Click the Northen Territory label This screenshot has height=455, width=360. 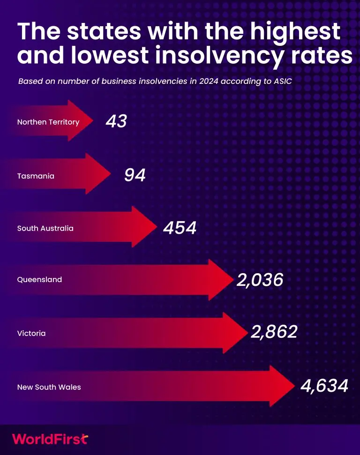[x=48, y=122]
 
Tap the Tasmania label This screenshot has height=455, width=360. [x=36, y=176]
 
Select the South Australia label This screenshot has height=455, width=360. [x=45, y=228]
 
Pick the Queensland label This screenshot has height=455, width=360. [x=39, y=279]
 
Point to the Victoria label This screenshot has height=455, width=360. [x=31, y=333]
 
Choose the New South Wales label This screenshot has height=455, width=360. [x=49, y=387]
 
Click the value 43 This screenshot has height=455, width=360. [x=116, y=121]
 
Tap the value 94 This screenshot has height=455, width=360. [x=135, y=175]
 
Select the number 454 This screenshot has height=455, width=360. [x=180, y=228]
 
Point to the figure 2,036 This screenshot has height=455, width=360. [x=260, y=280]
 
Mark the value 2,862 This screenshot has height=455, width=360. [x=274, y=332]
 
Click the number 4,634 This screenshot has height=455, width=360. [x=324, y=386]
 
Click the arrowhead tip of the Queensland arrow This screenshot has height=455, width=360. [x=233, y=280]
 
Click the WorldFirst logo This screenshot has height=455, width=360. [x=50, y=439]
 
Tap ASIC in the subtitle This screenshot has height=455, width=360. [x=283, y=81]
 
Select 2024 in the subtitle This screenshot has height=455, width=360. [x=209, y=81]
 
